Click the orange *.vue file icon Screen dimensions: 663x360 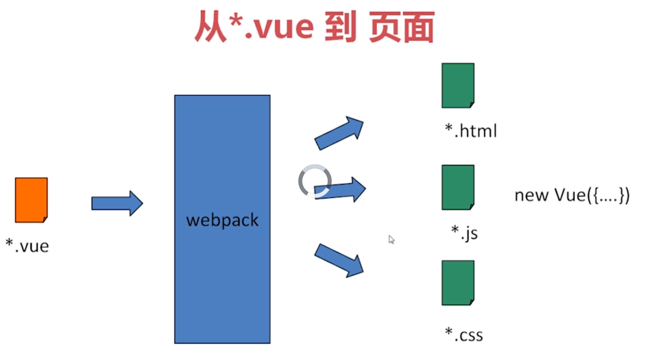pos(31,200)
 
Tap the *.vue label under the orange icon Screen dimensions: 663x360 pos(27,245)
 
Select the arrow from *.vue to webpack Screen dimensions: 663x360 pos(117,203)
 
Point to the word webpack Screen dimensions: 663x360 pos(222,220)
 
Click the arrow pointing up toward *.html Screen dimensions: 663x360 pos(339,132)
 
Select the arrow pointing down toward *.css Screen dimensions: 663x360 pos(339,260)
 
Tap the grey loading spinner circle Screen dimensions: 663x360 pos(315,181)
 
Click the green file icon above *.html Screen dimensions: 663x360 pos(458,85)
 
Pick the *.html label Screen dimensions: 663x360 pos(470,131)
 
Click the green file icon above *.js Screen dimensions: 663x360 pos(458,187)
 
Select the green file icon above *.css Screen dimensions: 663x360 pos(458,282)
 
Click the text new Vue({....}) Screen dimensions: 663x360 pos(572,195)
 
